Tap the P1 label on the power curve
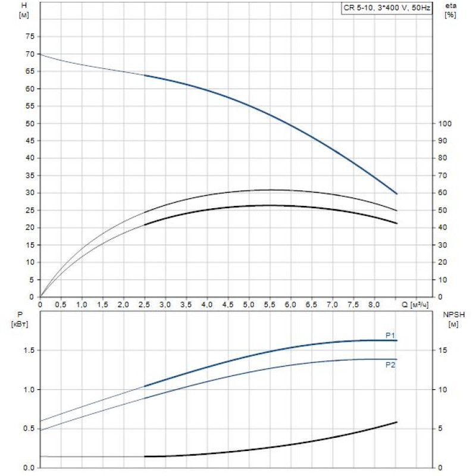[390, 336]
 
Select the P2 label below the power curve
[390, 365]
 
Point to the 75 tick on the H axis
[29, 36]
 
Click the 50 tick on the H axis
[29, 123]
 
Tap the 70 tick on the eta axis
[442, 176]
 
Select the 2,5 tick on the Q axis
[144, 305]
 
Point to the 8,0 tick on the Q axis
[374, 305]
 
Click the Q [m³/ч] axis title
[414, 305]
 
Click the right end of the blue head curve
[396, 193]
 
